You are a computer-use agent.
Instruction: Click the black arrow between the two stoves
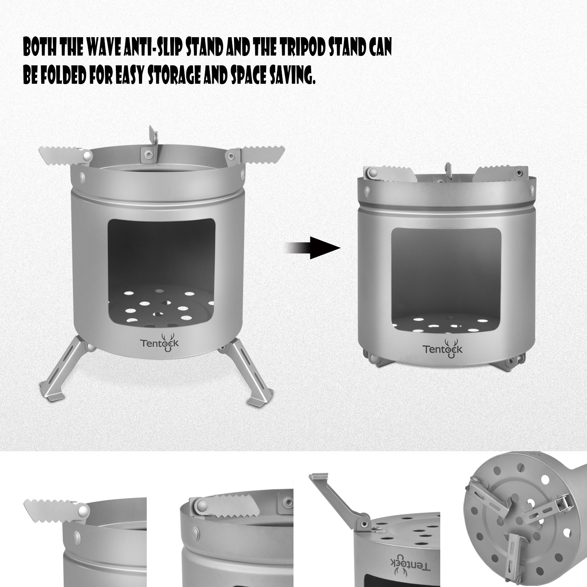312,248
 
